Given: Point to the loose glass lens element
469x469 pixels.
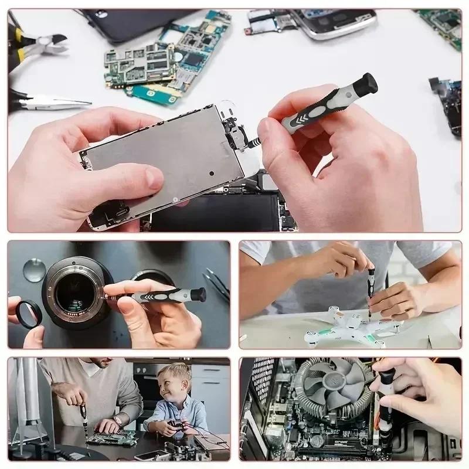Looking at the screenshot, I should pyautogui.click(x=35, y=270).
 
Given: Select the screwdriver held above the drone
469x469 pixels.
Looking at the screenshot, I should pyautogui.click(x=371, y=290).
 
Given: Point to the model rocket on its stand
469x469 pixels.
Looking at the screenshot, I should pyautogui.click(x=26, y=405).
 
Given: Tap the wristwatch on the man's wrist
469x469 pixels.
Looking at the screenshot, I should pyautogui.click(x=117, y=422).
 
